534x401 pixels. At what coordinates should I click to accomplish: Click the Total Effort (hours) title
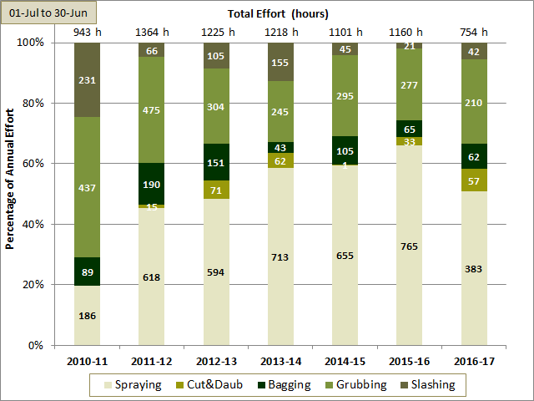[279, 13]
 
